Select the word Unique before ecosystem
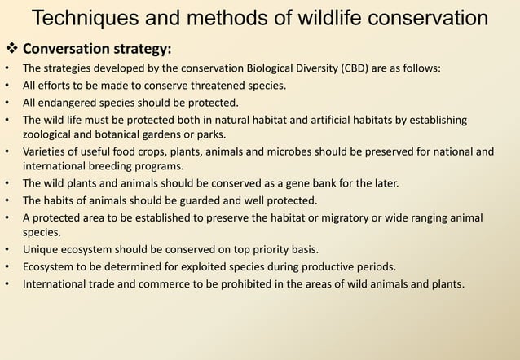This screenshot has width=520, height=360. click(42, 249)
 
